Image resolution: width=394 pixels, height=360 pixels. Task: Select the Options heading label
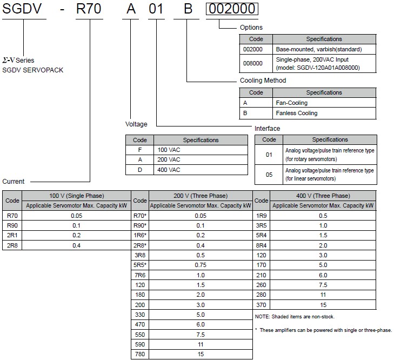pyautogui.click(x=251, y=27)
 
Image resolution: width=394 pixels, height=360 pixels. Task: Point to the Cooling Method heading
pyautogui.click(x=263, y=81)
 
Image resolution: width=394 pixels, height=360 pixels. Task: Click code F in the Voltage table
pyautogui.click(x=139, y=149)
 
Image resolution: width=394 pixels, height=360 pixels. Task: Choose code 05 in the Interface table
pyautogui.click(x=269, y=175)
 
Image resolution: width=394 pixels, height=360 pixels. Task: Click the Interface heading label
pyautogui.click(x=267, y=129)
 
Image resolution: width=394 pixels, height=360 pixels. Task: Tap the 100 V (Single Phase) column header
pyautogui.click(x=77, y=196)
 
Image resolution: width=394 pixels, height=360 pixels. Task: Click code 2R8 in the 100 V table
pyautogui.click(x=12, y=246)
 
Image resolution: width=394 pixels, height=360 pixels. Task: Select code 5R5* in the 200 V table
pyautogui.click(x=140, y=265)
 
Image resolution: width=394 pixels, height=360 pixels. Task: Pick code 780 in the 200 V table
pyautogui.click(x=139, y=355)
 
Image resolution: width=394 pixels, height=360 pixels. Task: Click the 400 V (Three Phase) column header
pyautogui.click(x=323, y=196)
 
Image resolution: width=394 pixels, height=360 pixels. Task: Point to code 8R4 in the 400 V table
pyautogui.click(x=261, y=246)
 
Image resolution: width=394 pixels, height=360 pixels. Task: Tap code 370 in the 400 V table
pyautogui.click(x=261, y=305)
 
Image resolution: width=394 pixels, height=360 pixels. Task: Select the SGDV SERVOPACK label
pyautogui.click(x=33, y=70)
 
